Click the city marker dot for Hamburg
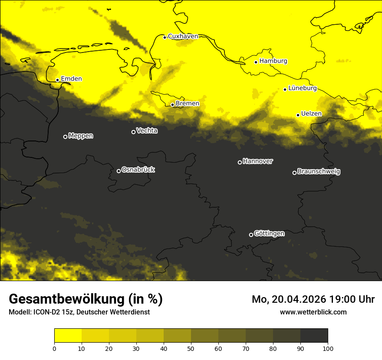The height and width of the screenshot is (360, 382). tap(256, 62)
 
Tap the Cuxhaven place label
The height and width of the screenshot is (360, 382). tap(183, 36)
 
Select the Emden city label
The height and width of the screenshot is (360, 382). tap(71, 79)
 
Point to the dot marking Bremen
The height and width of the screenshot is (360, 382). tap(172, 105)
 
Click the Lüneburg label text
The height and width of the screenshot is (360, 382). tap(303, 88)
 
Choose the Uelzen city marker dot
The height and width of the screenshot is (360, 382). tap(298, 115)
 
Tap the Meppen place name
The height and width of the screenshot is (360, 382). tap(81, 136)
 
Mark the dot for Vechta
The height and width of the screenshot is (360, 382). tap(133, 132)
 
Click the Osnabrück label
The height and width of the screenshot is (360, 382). tap(138, 170)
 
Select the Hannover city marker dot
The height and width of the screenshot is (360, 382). tap(240, 162)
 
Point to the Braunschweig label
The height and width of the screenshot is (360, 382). tap(319, 172)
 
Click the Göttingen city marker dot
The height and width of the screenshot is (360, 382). tap(251, 235)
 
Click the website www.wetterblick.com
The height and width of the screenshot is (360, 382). tap(313, 312)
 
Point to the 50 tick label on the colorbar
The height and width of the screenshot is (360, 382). tap(191, 348)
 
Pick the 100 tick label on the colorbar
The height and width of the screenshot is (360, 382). tap(328, 348)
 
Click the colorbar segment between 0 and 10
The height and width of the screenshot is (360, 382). tap(68, 336)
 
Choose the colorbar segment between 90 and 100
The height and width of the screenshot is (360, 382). tap(314, 336)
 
